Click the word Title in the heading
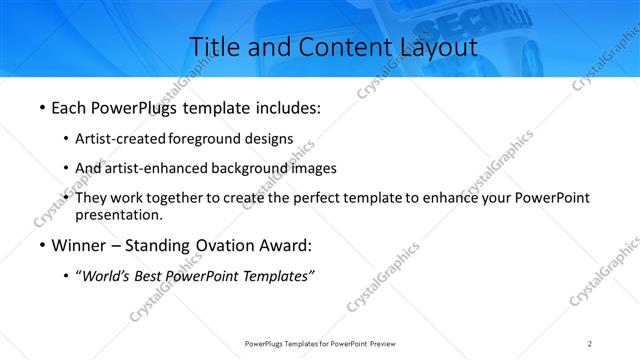[213, 46]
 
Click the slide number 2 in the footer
[590, 344]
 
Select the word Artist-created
[122, 138]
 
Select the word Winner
[78, 245]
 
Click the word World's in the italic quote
[107, 276]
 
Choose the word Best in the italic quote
[151, 276]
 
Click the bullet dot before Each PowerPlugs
[40, 107]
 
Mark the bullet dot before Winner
[40, 245]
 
